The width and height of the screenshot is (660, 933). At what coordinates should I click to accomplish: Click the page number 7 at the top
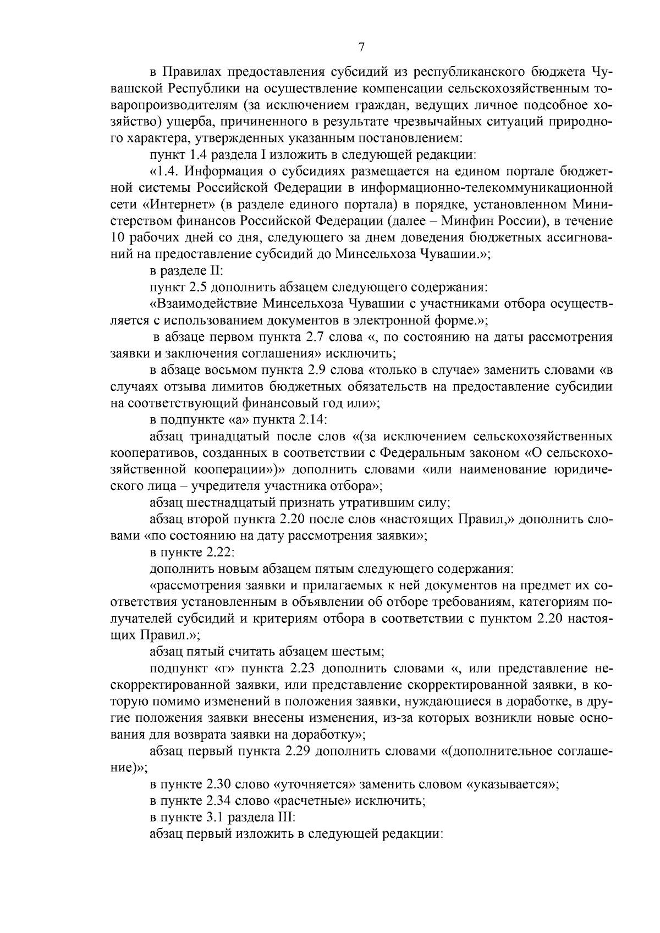pos(361,47)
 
